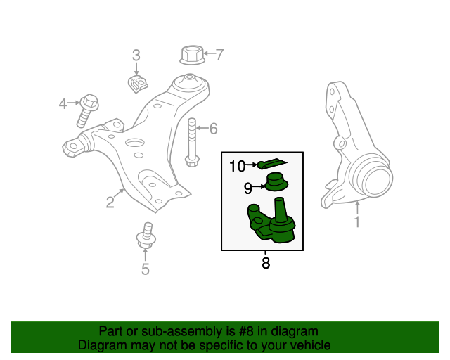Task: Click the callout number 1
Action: [357, 223]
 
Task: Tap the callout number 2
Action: [110, 203]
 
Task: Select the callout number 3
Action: [136, 55]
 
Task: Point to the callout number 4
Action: [63, 104]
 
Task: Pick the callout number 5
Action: [146, 269]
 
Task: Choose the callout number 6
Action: [213, 128]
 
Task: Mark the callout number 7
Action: [219, 53]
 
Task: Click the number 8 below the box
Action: [265, 264]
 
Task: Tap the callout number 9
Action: [247, 188]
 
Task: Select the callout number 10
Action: [236, 166]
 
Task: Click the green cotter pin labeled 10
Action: [270, 163]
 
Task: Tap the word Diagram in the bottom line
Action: [102, 345]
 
